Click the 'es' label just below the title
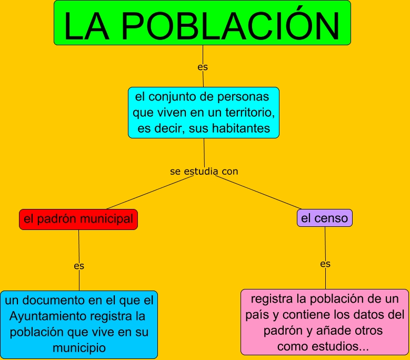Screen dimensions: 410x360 click(x=203, y=67)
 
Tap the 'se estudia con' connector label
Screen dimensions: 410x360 click(x=204, y=172)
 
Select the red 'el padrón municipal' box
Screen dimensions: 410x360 click(x=78, y=219)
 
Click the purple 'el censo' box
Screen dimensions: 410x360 click(x=324, y=218)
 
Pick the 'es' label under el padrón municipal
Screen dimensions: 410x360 click(x=79, y=266)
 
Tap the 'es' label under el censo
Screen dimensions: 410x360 click(x=325, y=264)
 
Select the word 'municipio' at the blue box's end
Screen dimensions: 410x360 click(x=79, y=347)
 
